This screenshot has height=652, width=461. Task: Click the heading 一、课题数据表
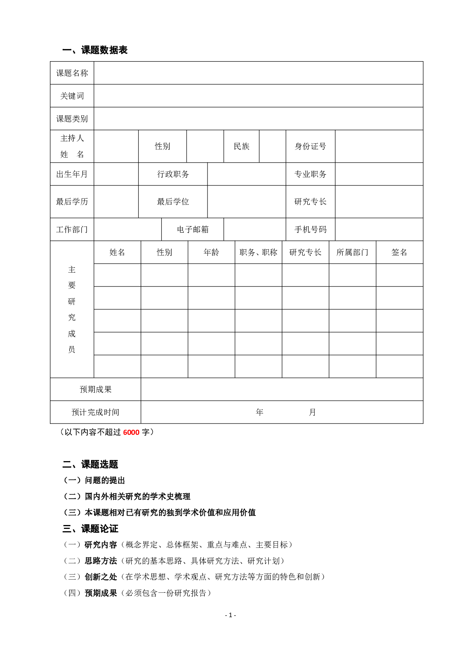[95, 50]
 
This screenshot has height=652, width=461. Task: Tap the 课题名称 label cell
[72, 73]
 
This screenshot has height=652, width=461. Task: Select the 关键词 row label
[72, 96]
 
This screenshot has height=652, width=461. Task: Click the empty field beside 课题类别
[258, 118]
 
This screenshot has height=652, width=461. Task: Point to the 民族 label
[242, 146]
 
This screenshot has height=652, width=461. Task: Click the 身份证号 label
[310, 146]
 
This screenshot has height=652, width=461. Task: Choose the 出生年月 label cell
[72, 174]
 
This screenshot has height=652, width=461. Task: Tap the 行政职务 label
[173, 174]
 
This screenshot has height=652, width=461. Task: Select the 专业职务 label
[310, 174]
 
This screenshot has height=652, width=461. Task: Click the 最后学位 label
[173, 202]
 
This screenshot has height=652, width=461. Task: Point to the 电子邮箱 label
[193, 230]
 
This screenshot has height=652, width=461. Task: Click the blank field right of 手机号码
[379, 230]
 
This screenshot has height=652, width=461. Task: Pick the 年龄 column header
[211, 252]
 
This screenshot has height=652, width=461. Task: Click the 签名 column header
[399, 252]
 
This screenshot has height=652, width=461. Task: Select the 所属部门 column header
[352, 252]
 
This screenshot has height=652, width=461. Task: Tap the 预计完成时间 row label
[96, 412]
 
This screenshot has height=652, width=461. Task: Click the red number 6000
[131, 432]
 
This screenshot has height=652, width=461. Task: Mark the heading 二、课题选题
[90, 464]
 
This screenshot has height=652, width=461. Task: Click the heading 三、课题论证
[90, 528]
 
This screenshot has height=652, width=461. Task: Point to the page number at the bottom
[230, 615]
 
